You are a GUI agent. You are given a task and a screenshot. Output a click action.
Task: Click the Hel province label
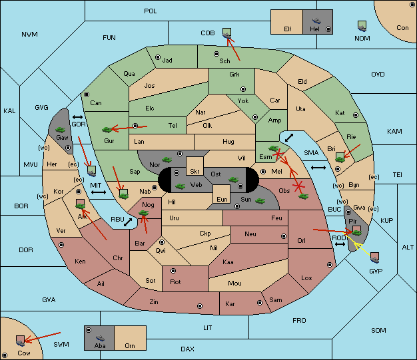314,29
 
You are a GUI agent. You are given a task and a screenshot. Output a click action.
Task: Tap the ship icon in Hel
316,21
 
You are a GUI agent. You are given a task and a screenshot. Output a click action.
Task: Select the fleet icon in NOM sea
362,27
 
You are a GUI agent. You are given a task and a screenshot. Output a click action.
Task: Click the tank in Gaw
61,130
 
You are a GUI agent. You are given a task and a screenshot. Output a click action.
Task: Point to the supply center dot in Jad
158,57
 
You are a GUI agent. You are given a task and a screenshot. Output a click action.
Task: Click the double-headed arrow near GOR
78,117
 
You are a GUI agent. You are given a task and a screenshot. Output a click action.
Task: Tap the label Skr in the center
195,172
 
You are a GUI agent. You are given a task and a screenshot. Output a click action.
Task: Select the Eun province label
222,199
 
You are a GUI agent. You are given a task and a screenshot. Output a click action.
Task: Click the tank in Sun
260,201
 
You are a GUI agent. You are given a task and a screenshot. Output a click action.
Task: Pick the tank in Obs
304,196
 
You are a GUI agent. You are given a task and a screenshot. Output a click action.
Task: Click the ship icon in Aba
100,337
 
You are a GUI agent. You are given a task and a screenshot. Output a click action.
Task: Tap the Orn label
130,345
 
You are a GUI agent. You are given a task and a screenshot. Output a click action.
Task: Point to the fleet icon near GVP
375,258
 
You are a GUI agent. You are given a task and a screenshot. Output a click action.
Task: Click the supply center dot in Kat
356,115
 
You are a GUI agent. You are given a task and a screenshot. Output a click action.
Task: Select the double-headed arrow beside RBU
128,222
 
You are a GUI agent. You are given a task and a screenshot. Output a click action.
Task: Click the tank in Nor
167,160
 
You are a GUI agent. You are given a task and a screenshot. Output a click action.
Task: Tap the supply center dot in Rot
173,271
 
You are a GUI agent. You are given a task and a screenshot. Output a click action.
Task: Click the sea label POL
151,11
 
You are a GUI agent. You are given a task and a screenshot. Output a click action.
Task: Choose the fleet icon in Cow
20,341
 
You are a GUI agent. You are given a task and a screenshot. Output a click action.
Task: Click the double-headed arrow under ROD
340,244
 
